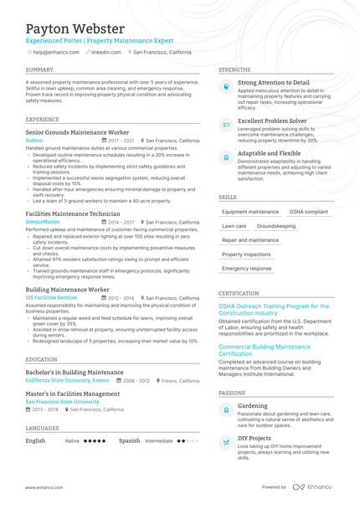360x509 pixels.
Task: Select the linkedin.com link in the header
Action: click(105, 52)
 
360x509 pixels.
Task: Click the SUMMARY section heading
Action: click(39, 69)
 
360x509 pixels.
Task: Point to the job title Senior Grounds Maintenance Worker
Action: click(77, 132)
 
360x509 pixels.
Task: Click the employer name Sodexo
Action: click(34, 141)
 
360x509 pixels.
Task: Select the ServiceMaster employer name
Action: click(43, 222)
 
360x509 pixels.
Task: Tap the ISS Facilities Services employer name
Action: click(51, 297)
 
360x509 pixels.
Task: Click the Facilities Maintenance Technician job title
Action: click(72, 213)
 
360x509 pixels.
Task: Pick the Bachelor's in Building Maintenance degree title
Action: click(75, 372)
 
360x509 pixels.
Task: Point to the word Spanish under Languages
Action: click(129, 440)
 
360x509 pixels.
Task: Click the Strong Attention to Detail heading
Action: click(273, 83)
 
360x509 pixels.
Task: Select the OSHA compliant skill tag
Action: click(308, 212)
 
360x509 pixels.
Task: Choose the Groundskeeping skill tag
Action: click(275, 226)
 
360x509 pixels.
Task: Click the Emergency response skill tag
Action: click(246, 269)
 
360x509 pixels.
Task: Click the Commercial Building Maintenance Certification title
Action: click(264, 350)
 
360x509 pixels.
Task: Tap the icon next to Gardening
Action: click(226, 410)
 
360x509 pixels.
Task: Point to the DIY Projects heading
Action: click(254, 438)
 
